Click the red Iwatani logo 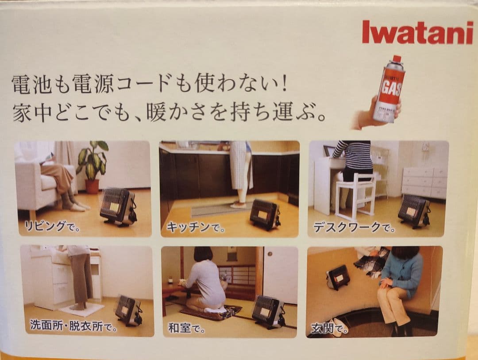(417, 32)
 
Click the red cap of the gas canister (397, 59)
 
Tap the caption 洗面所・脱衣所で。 (73, 327)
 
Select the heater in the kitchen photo (265, 214)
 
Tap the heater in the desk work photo (413, 211)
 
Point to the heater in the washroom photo (128, 310)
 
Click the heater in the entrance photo (339, 277)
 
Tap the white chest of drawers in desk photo (424, 182)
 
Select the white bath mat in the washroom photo (81, 309)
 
